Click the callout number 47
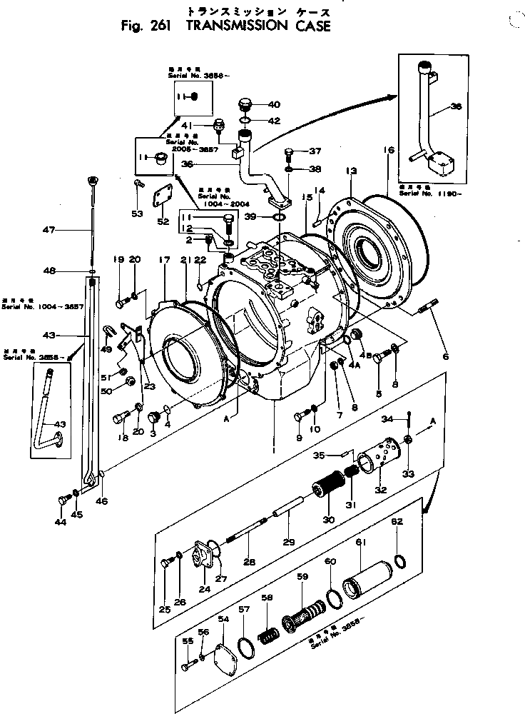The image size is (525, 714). click(49, 230)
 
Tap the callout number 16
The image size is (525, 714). click(388, 151)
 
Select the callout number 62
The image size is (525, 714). click(398, 522)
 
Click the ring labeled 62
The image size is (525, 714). click(402, 560)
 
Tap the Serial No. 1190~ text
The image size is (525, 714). click(427, 193)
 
